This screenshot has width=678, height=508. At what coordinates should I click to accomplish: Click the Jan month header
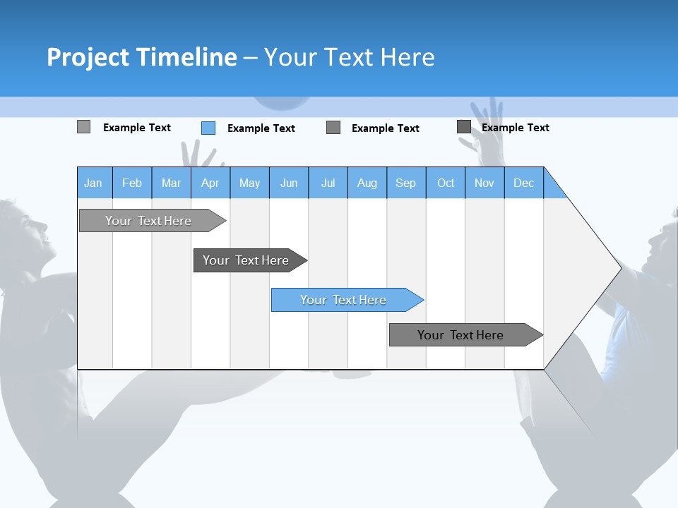(93, 183)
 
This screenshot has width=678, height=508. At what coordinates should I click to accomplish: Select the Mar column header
(171, 183)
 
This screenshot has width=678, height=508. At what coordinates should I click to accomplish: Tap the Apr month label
(210, 183)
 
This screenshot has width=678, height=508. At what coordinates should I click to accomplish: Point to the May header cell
(249, 183)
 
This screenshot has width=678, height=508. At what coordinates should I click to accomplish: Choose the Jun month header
(289, 183)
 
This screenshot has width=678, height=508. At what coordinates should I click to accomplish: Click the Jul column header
(328, 183)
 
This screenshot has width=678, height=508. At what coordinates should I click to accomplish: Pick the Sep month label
(405, 183)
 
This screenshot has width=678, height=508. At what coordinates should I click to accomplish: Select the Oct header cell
(446, 183)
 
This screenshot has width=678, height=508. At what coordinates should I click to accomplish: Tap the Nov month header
(484, 183)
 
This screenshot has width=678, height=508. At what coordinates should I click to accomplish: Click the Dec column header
(523, 183)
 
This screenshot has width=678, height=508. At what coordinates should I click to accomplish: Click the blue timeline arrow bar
(346, 300)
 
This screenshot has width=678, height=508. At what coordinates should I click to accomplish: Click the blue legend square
(208, 128)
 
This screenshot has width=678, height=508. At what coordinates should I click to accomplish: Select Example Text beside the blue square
(261, 128)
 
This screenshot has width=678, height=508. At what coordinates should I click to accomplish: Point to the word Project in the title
(88, 57)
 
